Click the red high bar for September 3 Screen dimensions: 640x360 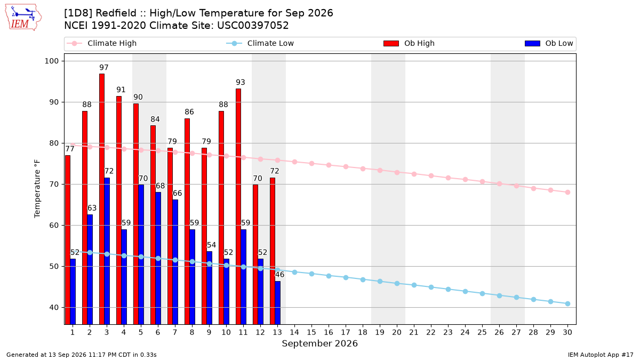102,199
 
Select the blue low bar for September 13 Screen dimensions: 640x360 278,303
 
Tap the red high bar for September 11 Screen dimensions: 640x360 238,206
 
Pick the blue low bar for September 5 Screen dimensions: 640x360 141,254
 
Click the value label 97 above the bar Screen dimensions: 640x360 104,67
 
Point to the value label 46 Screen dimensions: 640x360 279,275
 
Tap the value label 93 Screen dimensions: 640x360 241,82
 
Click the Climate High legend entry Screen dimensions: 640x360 102,43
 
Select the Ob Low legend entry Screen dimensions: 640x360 549,43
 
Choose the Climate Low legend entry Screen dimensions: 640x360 260,43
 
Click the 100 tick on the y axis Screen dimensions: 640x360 51,61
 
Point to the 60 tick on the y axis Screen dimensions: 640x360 54,226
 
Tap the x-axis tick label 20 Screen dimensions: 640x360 397,332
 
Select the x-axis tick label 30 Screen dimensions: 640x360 567,332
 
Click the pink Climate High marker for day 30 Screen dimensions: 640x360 567,193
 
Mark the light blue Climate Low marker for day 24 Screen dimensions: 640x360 465,291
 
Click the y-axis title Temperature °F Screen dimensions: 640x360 37,189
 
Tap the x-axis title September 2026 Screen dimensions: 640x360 319,343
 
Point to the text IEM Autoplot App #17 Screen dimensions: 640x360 601,355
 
